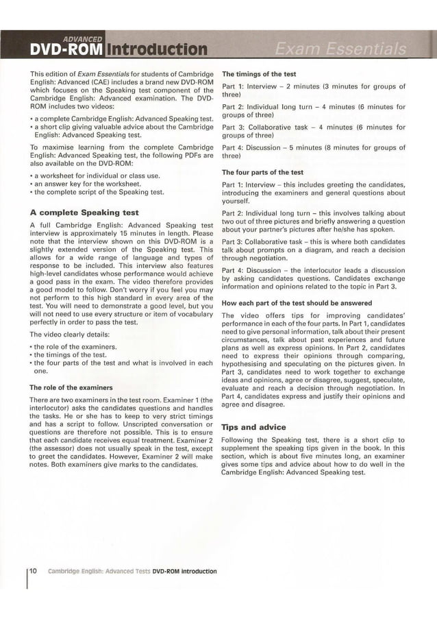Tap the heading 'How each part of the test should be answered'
click(297, 302)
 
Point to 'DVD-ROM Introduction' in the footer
click(184, 571)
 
